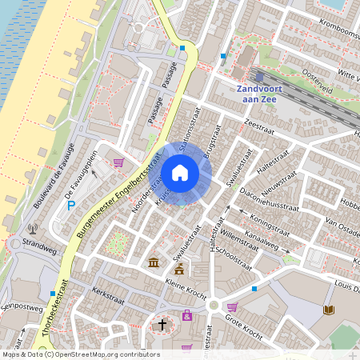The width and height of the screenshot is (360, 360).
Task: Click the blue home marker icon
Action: [x=180, y=173]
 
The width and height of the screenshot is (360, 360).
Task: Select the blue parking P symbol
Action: [x=70, y=206]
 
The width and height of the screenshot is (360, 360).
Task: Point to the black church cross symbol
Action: [x=162, y=325]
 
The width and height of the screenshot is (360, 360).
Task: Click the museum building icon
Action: [x=153, y=262]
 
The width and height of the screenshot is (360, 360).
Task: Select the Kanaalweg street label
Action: [x=268, y=241]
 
